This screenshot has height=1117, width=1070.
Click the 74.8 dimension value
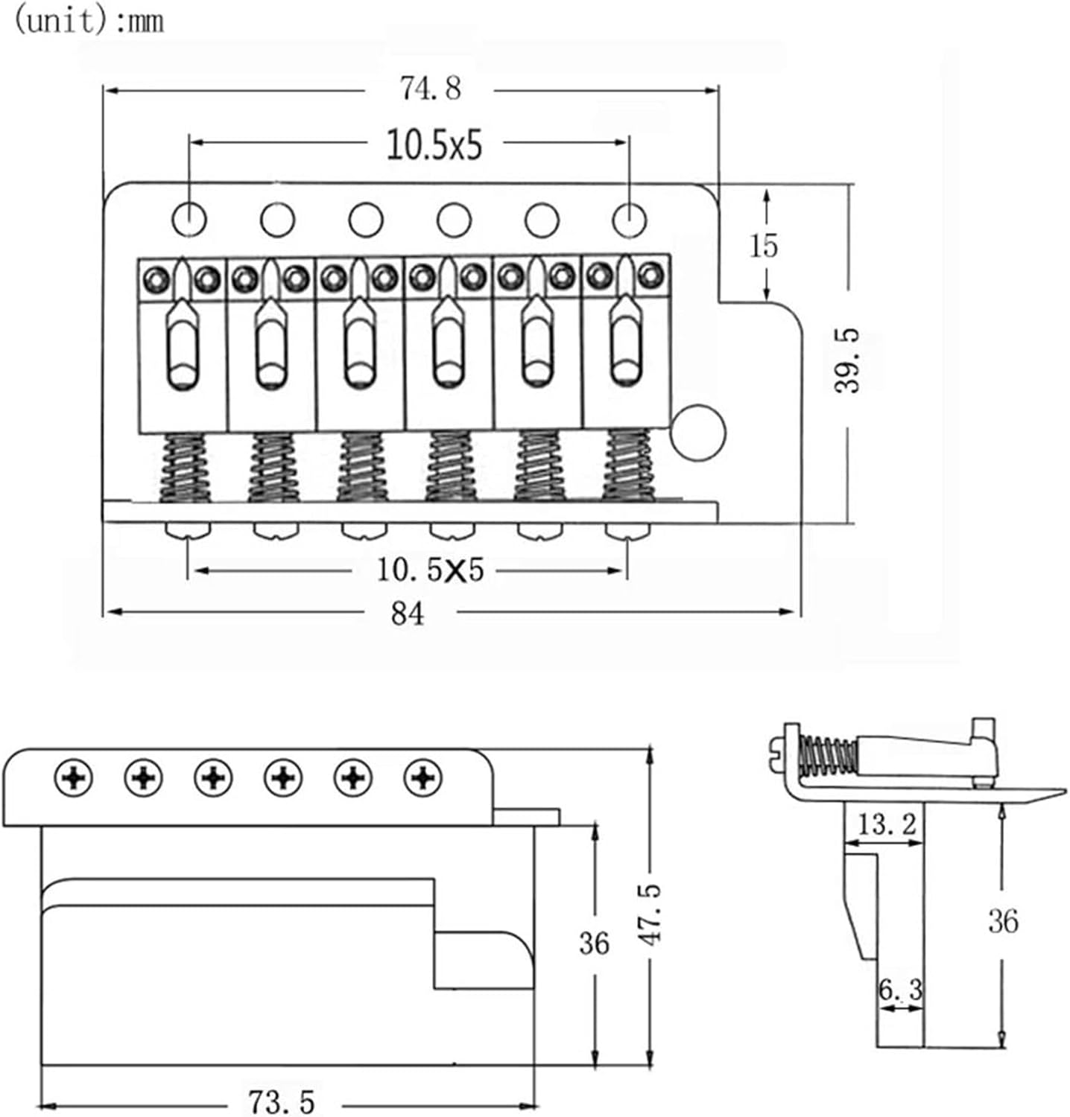(x=430, y=89)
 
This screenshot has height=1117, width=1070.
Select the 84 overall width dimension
(x=408, y=613)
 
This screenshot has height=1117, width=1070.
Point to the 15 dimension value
(x=764, y=246)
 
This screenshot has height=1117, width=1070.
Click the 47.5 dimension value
(x=651, y=914)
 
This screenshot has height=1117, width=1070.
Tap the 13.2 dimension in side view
(x=886, y=824)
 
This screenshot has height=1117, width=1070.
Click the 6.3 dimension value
(x=900, y=990)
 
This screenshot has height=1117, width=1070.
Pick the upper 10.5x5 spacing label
(x=434, y=145)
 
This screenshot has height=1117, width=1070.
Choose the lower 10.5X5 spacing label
(x=430, y=570)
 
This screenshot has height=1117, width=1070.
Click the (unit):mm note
(x=89, y=21)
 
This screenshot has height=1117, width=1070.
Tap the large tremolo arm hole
(x=697, y=432)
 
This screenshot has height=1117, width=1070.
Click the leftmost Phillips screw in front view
(x=74, y=779)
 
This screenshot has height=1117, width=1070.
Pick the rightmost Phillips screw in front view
(x=422, y=779)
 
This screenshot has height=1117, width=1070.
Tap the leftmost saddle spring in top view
(x=186, y=467)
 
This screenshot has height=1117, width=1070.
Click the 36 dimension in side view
(x=1003, y=921)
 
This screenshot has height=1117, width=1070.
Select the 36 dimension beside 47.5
(x=594, y=943)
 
